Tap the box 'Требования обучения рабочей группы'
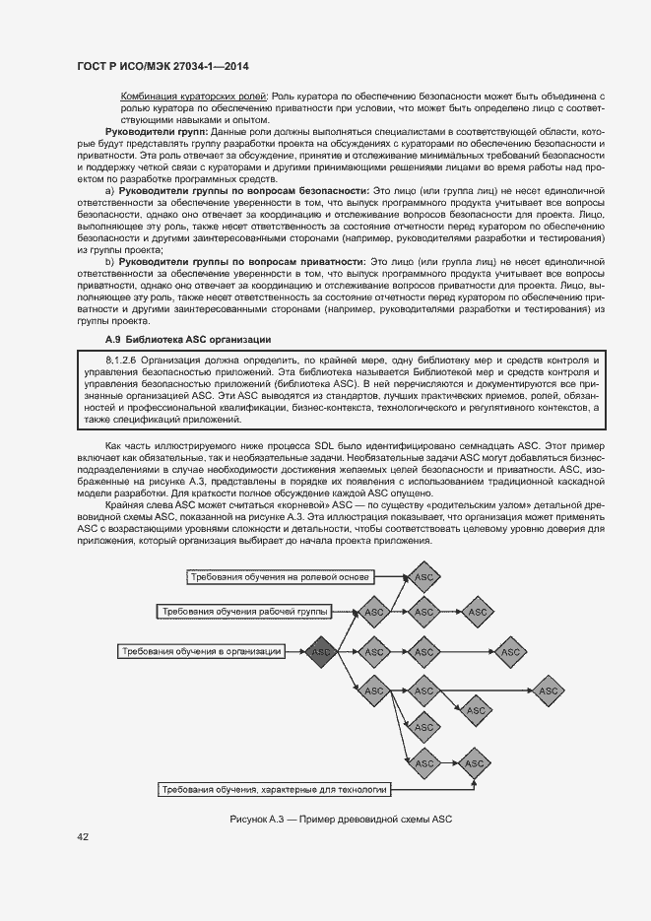[x=246, y=612]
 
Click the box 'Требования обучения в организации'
[x=202, y=651]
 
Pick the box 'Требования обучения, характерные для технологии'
[x=275, y=789]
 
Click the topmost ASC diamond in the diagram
[x=423, y=576]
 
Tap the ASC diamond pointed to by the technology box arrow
[x=477, y=763]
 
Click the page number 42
[x=83, y=837]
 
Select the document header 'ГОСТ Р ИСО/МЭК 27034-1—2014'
[x=163, y=66]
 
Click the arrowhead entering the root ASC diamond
[x=301, y=651]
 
